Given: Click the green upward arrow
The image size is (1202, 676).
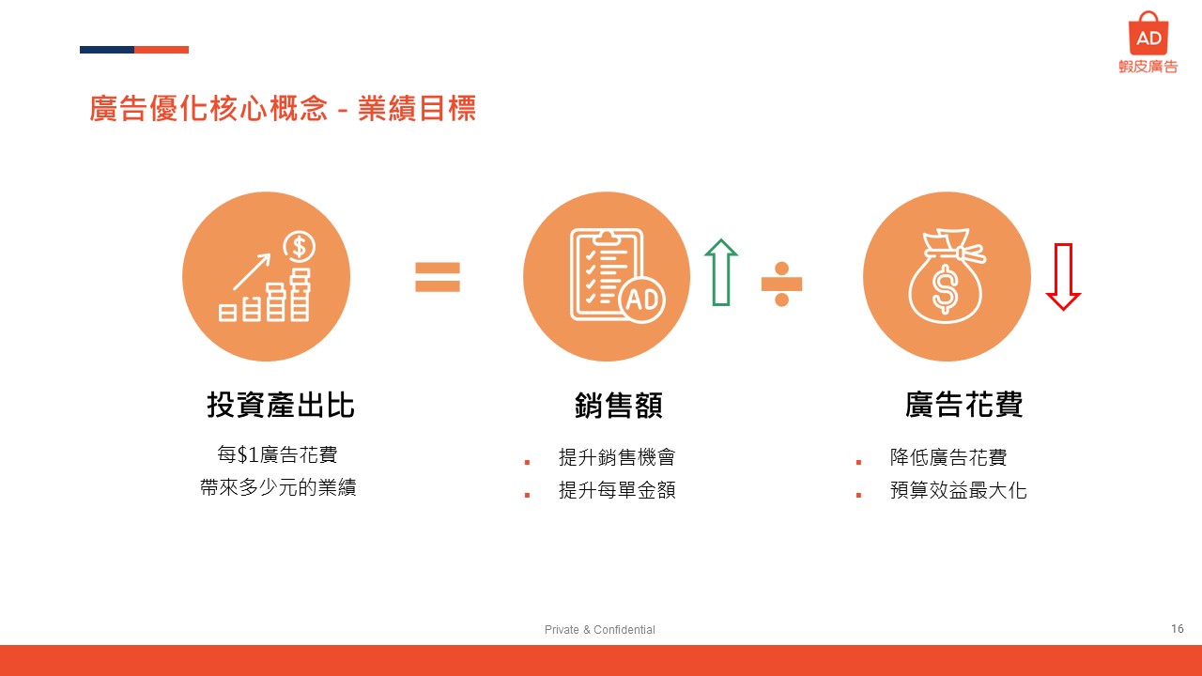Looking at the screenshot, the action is [x=720, y=272].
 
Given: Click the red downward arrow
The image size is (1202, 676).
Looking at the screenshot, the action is [x=1063, y=277].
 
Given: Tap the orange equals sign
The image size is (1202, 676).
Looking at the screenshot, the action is [x=438, y=277].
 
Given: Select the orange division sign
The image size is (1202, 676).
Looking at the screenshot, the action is [x=782, y=284].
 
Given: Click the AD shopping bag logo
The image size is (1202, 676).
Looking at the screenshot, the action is [x=1148, y=33].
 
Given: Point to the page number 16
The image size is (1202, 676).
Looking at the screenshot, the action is [x=1178, y=628].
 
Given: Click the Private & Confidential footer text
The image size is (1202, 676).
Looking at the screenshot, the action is [x=599, y=629].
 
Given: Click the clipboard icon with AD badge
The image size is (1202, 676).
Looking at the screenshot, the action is [x=617, y=275].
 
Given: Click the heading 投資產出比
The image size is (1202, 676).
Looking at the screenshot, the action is [x=280, y=405].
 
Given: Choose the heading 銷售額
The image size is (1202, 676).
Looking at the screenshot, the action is [x=618, y=405].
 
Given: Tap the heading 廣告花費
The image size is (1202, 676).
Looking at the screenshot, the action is [x=963, y=405].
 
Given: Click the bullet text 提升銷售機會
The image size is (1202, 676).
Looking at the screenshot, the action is [x=617, y=457].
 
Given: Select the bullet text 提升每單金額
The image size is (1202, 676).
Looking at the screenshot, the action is [x=617, y=490].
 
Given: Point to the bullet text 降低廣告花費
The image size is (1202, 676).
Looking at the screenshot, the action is [x=948, y=457].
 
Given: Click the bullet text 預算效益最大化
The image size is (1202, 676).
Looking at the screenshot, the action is [x=959, y=490].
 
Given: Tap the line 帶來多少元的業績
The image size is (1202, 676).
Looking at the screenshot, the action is [x=278, y=487].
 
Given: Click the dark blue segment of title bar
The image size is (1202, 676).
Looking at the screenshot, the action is [x=107, y=50].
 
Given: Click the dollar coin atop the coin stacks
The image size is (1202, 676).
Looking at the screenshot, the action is [x=299, y=247].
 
